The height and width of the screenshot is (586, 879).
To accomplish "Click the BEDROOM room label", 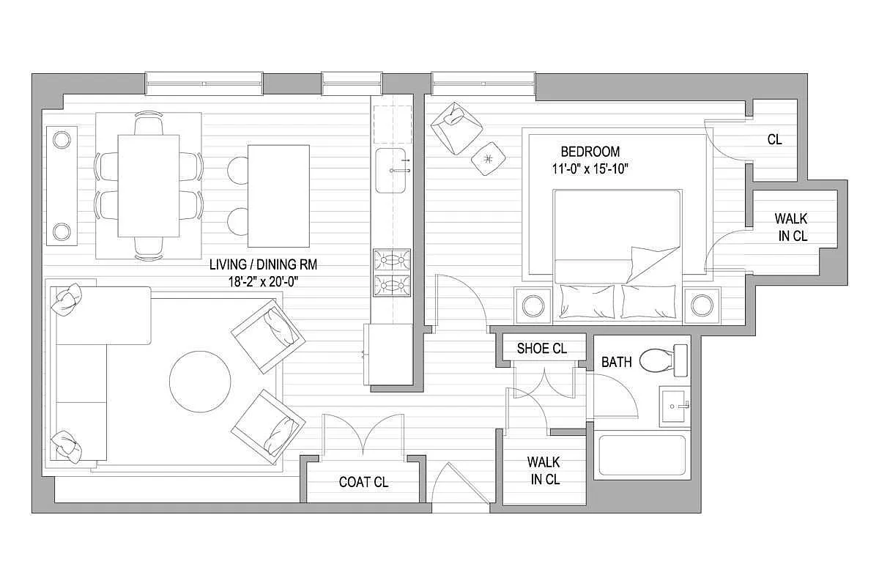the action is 590,152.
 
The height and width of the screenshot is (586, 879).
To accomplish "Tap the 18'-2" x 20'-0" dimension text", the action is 263,282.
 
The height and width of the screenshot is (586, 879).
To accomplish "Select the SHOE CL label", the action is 541,348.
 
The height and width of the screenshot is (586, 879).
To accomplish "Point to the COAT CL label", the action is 363,482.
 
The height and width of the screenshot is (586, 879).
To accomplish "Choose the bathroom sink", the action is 675,407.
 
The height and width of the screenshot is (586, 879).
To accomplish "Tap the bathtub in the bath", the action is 642,455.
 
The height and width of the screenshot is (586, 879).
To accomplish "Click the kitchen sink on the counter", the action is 390,171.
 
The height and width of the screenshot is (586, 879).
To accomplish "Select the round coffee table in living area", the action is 200,382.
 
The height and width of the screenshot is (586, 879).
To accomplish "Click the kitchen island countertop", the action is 278,196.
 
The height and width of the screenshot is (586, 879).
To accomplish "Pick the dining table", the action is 149,186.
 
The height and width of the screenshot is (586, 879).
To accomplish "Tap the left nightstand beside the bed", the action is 533,305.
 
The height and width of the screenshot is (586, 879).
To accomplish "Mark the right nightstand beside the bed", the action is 702,305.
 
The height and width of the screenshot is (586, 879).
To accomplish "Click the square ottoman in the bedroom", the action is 488,158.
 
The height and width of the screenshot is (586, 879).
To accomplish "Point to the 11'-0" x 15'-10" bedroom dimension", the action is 590,168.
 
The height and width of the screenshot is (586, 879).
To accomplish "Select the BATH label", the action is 617,362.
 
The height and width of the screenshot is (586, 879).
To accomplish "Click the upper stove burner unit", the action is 392,260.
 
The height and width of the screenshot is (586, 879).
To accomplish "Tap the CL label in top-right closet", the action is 775,139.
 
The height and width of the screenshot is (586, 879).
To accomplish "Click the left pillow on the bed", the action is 587,302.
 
